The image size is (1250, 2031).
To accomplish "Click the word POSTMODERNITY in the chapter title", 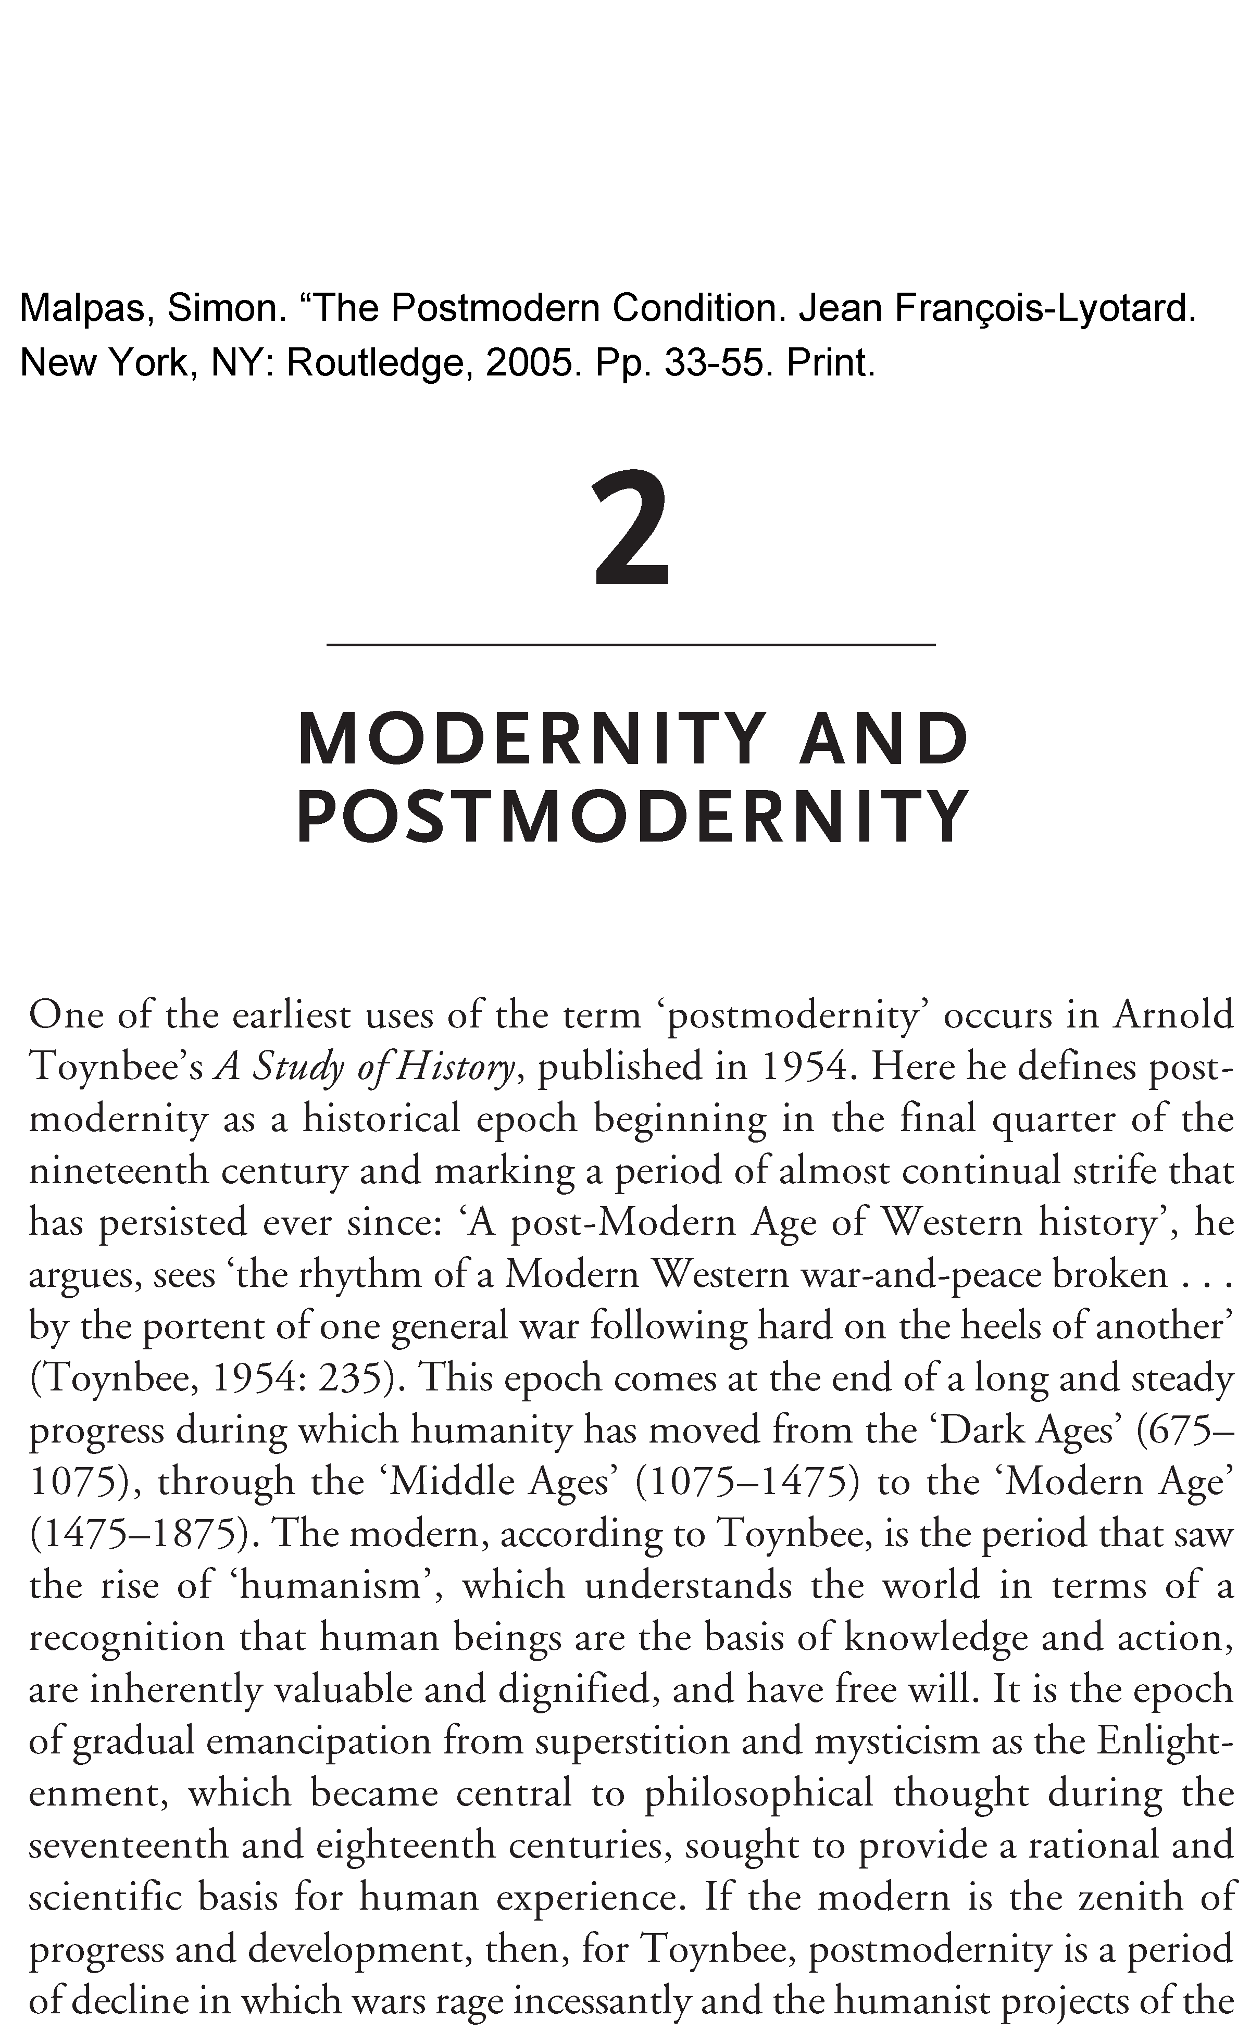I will coord(632,817).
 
